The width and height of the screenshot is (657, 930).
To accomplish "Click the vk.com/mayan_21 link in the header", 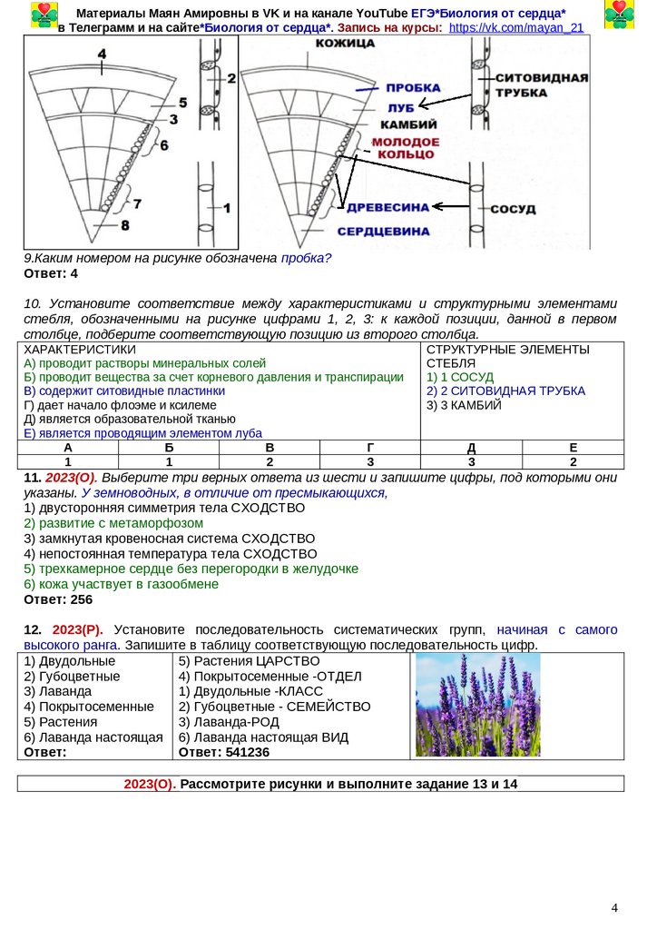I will coord(516,28).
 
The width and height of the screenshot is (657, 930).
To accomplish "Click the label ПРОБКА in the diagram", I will coord(413,88).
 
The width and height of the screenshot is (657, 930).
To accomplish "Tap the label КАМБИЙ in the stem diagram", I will coord(408,124).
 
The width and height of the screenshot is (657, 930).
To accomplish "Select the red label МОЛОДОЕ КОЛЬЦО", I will coord(406,149).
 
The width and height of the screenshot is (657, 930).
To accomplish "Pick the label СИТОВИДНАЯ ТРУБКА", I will coord(542,85).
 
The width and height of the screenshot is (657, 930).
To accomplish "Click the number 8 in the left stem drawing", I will coord(125,224).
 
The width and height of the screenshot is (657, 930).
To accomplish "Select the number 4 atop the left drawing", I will coord(102,54).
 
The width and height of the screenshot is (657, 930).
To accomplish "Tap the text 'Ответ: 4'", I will coord(51,273).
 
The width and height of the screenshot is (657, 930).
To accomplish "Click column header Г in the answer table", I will coord(369,448).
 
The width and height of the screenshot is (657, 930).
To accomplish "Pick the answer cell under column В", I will coord(270,461).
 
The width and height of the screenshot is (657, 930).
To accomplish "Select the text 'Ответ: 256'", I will coord(58,599).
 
